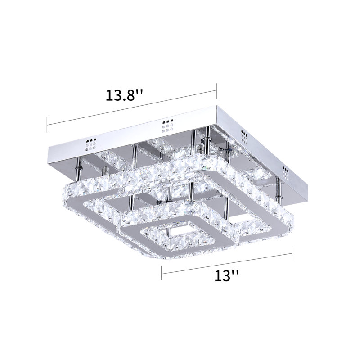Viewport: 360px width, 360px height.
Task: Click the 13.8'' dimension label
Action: click(x=124, y=96)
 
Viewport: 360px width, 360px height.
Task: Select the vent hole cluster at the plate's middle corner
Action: click(x=167, y=126)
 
